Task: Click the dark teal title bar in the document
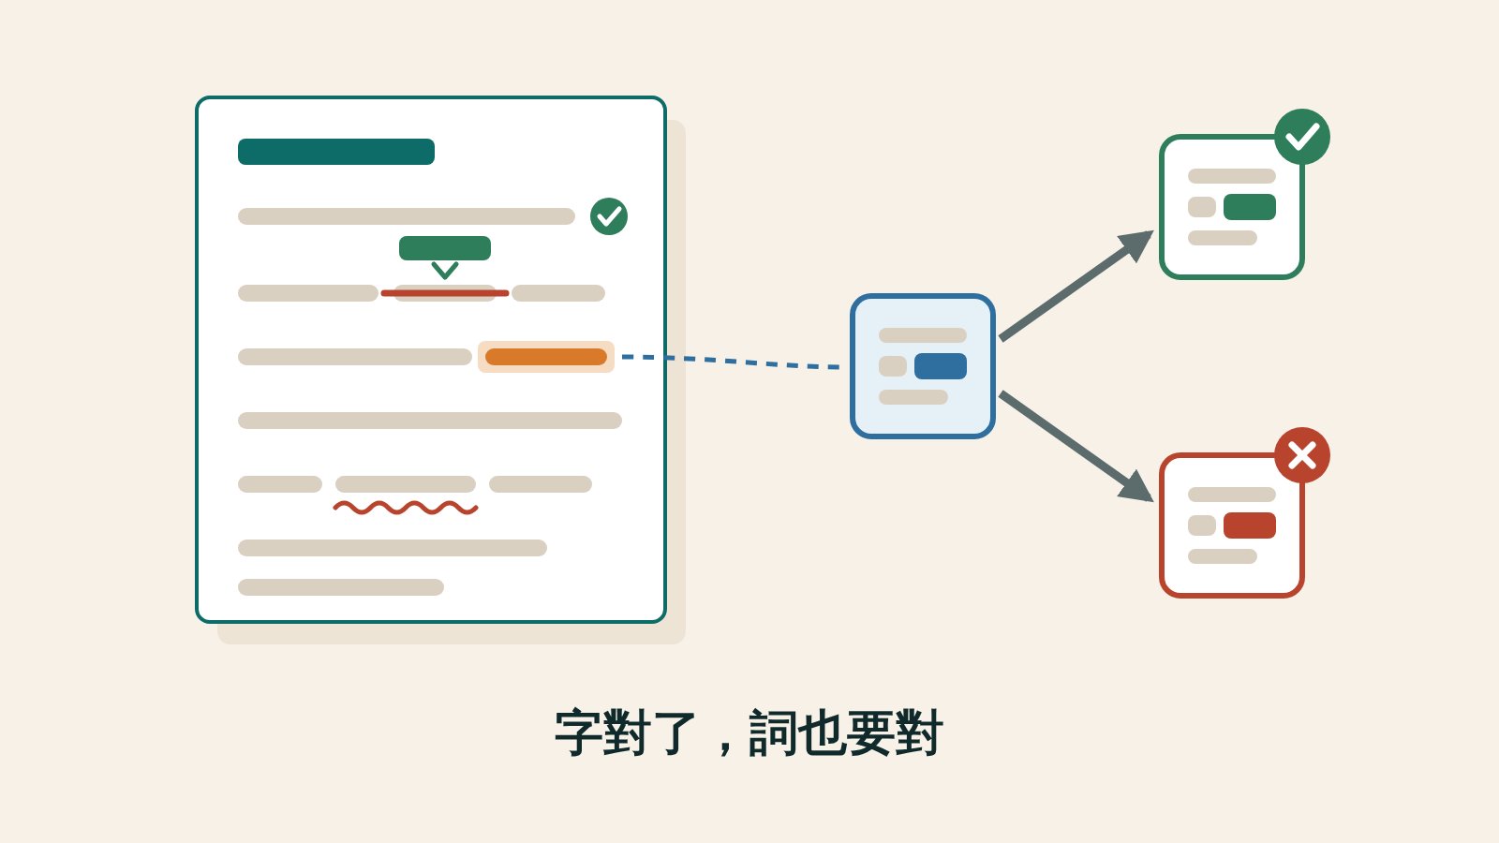point(336,151)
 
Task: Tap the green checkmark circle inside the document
point(609,216)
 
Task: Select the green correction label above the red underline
point(445,248)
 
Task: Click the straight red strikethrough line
point(445,293)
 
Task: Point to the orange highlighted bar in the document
point(546,357)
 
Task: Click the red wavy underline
point(406,508)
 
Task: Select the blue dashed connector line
point(731,362)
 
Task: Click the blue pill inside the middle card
point(941,366)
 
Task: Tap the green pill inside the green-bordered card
point(1250,207)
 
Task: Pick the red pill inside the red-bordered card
point(1250,525)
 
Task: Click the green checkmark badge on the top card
point(1302,137)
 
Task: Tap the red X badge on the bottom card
point(1302,455)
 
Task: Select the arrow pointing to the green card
point(1076,285)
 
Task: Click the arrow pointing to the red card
point(1076,447)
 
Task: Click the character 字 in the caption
point(578,732)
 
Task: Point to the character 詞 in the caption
point(773,732)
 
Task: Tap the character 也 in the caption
point(822,732)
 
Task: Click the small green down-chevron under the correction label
point(445,271)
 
